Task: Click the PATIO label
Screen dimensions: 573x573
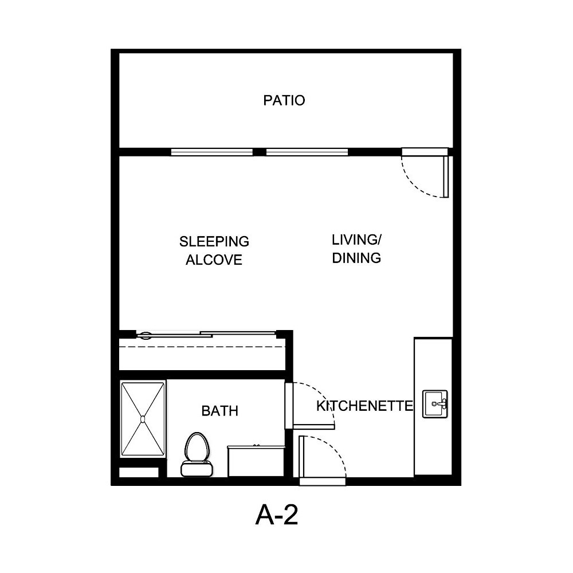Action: click(x=284, y=100)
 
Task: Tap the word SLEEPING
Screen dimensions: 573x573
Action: click(x=214, y=241)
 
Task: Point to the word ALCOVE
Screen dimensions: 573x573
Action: click(x=214, y=260)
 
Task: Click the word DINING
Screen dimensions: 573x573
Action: click(x=356, y=258)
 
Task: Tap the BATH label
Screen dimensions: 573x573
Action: click(x=219, y=411)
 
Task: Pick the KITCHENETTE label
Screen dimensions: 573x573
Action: click(x=365, y=406)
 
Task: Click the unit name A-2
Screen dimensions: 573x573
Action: click(x=277, y=516)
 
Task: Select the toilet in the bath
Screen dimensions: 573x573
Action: click(x=197, y=454)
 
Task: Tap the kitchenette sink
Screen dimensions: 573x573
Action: click(x=435, y=404)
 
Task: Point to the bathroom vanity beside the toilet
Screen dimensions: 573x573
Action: click(x=256, y=461)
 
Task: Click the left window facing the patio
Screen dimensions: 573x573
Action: click(x=212, y=152)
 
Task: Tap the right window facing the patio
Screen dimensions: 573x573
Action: click(x=307, y=152)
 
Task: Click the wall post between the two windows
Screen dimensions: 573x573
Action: click(x=260, y=152)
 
